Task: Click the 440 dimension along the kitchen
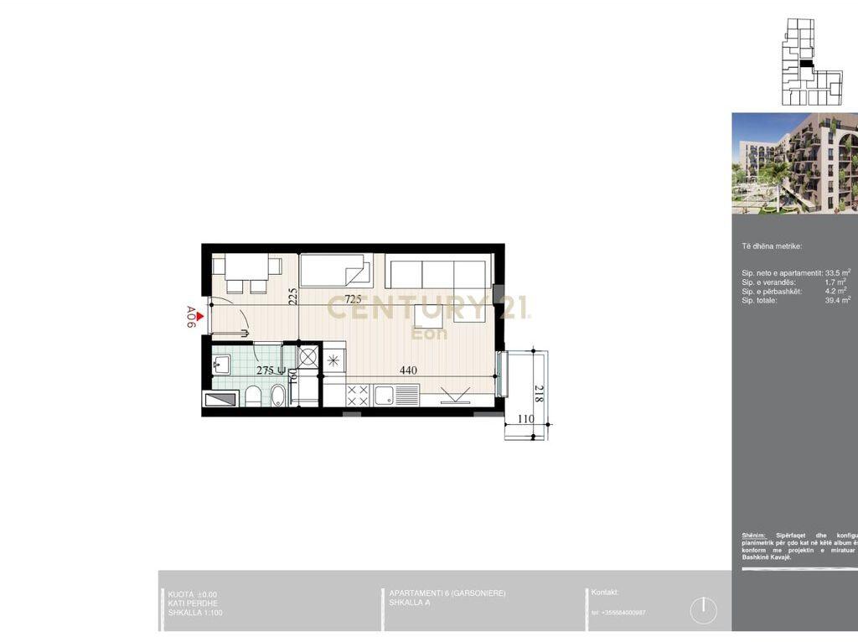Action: coord(408,370)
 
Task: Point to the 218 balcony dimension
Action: coord(538,394)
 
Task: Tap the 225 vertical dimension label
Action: coord(293,298)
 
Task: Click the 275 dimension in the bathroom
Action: coord(267,370)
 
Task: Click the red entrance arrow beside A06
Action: coord(199,316)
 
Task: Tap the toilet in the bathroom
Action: coord(253,396)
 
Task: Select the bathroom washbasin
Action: coord(222,363)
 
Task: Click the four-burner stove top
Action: coord(358,394)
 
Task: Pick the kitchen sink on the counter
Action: coord(386,394)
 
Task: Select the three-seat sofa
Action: coord(437,273)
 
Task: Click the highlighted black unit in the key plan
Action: coord(806,63)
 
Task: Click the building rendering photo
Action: coord(794,163)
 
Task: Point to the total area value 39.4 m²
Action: coord(838,300)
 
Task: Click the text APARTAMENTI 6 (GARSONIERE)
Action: coord(447,593)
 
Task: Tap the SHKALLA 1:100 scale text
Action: coord(195,613)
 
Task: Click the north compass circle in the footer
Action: coord(704,610)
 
